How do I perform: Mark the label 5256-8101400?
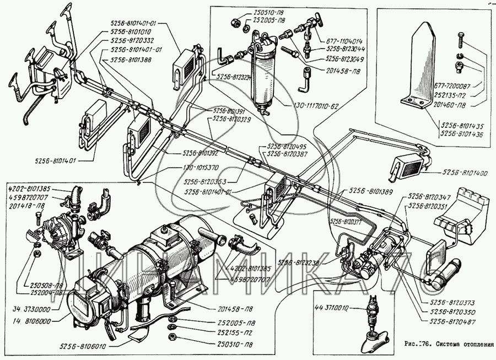coord(466,174)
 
